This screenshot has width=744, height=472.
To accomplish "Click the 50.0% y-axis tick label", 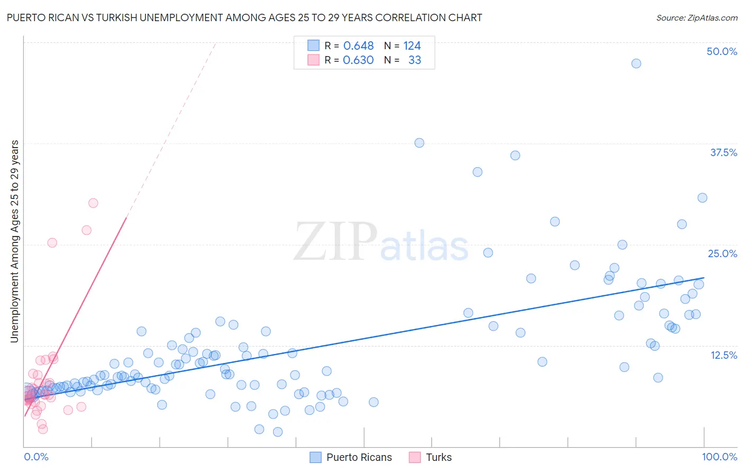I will click(x=722, y=51).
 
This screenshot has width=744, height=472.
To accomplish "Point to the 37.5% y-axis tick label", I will click(x=723, y=152).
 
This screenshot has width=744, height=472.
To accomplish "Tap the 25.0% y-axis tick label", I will click(x=722, y=253).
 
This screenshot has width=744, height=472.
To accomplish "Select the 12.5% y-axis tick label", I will click(x=723, y=355).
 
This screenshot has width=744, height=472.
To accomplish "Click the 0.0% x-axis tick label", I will click(x=36, y=457).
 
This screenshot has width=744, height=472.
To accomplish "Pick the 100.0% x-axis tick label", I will click(x=719, y=457).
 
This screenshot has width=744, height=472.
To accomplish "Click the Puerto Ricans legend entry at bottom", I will click(x=351, y=457).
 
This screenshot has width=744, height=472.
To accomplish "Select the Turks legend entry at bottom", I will click(x=430, y=457).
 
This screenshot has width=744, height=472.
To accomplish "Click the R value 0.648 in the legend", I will click(x=358, y=46).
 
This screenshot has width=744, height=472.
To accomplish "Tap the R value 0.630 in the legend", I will click(x=358, y=60).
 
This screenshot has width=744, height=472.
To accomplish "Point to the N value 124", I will click(x=412, y=46).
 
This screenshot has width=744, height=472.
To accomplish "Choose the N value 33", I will click(x=414, y=60).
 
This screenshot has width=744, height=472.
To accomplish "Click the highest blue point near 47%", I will click(x=636, y=63).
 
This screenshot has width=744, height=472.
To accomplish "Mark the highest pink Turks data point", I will click(x=93, y=203).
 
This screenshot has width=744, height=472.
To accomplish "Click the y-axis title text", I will click(x=15, y=241).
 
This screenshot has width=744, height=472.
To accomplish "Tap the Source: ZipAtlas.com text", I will click(x=696, y=18).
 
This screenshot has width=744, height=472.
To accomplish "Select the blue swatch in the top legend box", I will click(x=314, y=46).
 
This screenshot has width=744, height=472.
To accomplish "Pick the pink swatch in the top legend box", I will click(x=314, y=60).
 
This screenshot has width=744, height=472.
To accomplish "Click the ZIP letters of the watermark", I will click(x=335, y=242).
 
